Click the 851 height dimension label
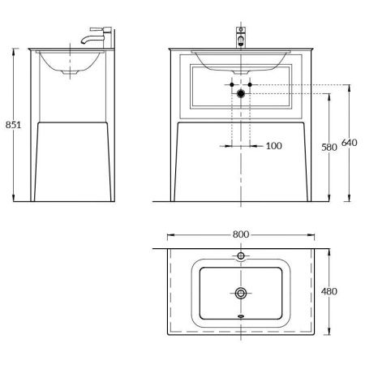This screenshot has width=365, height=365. pyautogui.click(x=13, y=125)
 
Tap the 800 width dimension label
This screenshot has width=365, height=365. pyautogui.click(x=241, y=234)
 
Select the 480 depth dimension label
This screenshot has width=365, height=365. pyautogui.click(x=329, y=291)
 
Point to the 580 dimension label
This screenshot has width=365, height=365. pyautogui.click(x=329, y=148)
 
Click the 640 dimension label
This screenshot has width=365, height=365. pyautogui.click(x=350, y=143)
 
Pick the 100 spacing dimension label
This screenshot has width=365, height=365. pyautogui.click(x=274, y=146)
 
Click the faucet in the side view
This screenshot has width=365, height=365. pyautogui.click(x=97, y=36)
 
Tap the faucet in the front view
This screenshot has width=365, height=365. pyautogui.click(x=241, y=36)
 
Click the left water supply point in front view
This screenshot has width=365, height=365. pyautogui.click(x=232, y=84)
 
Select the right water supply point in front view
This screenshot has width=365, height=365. pyautogui.click(x=250, y=84)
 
